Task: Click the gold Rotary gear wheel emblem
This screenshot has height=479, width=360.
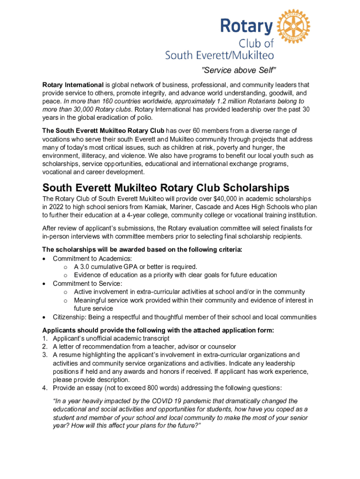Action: click(x=294, y=25)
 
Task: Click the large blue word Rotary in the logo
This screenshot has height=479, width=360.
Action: click(x=247, y=26)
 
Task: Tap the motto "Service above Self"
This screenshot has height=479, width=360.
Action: click(x=239, y=71)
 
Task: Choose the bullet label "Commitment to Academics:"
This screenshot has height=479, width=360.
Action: click(x=92, y=258)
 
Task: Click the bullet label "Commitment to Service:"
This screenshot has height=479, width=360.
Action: click(x=86, y=283)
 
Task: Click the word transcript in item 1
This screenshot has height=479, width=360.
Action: click(x=155, y=338)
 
